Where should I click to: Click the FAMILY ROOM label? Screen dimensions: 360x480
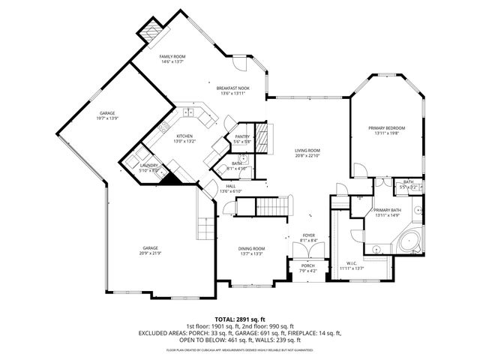pyautogui.click(x=172, y=57)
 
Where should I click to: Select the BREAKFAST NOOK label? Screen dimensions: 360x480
pyautogui.click(x=233, y=88)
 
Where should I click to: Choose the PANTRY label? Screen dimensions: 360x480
pyautogui.click(x=241, y=136)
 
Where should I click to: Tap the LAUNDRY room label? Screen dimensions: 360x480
pyautogui.click(x=148, y=165)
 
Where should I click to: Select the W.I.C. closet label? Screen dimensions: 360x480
pyautogui.click(x=352, y=263)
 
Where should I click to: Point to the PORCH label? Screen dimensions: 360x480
pyautogui.click(x=308, y=265)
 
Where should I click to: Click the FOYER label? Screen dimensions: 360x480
pyautogui.click(x=309, y=235)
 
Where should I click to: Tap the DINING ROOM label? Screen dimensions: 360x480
pyautogui.click(x=251, y=249)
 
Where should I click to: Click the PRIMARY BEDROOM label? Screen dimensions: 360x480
pyautogui.click(x=387, y=128)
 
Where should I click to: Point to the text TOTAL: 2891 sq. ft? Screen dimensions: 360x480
pyautogui.click(x=240, y=319)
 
